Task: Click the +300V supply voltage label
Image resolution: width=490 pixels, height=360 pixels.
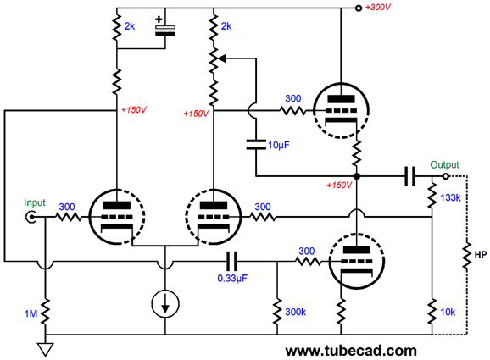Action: pos(378,7)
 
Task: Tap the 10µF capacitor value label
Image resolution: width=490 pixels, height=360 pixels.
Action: pos(279,145)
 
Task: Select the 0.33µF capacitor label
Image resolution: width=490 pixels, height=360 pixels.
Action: pos(232,278)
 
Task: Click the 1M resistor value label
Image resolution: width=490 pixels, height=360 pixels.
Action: pos(31,313)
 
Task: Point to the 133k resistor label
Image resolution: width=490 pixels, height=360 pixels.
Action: pos(450,197)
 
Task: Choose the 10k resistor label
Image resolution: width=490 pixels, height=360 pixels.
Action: pos(448,312)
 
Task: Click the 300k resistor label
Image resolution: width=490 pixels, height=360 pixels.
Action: pos(296,312)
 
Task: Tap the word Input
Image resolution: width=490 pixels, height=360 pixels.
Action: pos(35,203)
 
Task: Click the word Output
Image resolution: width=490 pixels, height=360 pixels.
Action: pos(444,164)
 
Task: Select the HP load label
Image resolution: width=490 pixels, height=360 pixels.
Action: pos(481,255)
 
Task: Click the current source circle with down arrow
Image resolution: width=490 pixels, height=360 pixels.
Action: pos(165,304)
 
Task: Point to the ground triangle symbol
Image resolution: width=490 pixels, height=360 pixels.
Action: pos(46,349)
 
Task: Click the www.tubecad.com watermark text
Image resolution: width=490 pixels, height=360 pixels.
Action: pos(351,351)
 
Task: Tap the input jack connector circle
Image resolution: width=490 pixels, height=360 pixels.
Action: pos(31,217)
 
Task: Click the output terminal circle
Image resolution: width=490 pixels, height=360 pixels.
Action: pos(446,176)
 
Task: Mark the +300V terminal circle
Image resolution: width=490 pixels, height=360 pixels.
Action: pos(359,8)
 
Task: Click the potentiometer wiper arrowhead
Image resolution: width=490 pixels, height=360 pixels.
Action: pos(222,58)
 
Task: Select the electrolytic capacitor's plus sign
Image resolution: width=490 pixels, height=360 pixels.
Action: pos(159,19)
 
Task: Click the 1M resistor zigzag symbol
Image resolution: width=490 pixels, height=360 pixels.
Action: pos(46,313)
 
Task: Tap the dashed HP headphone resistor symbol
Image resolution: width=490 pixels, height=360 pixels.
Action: pos(467,254)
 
